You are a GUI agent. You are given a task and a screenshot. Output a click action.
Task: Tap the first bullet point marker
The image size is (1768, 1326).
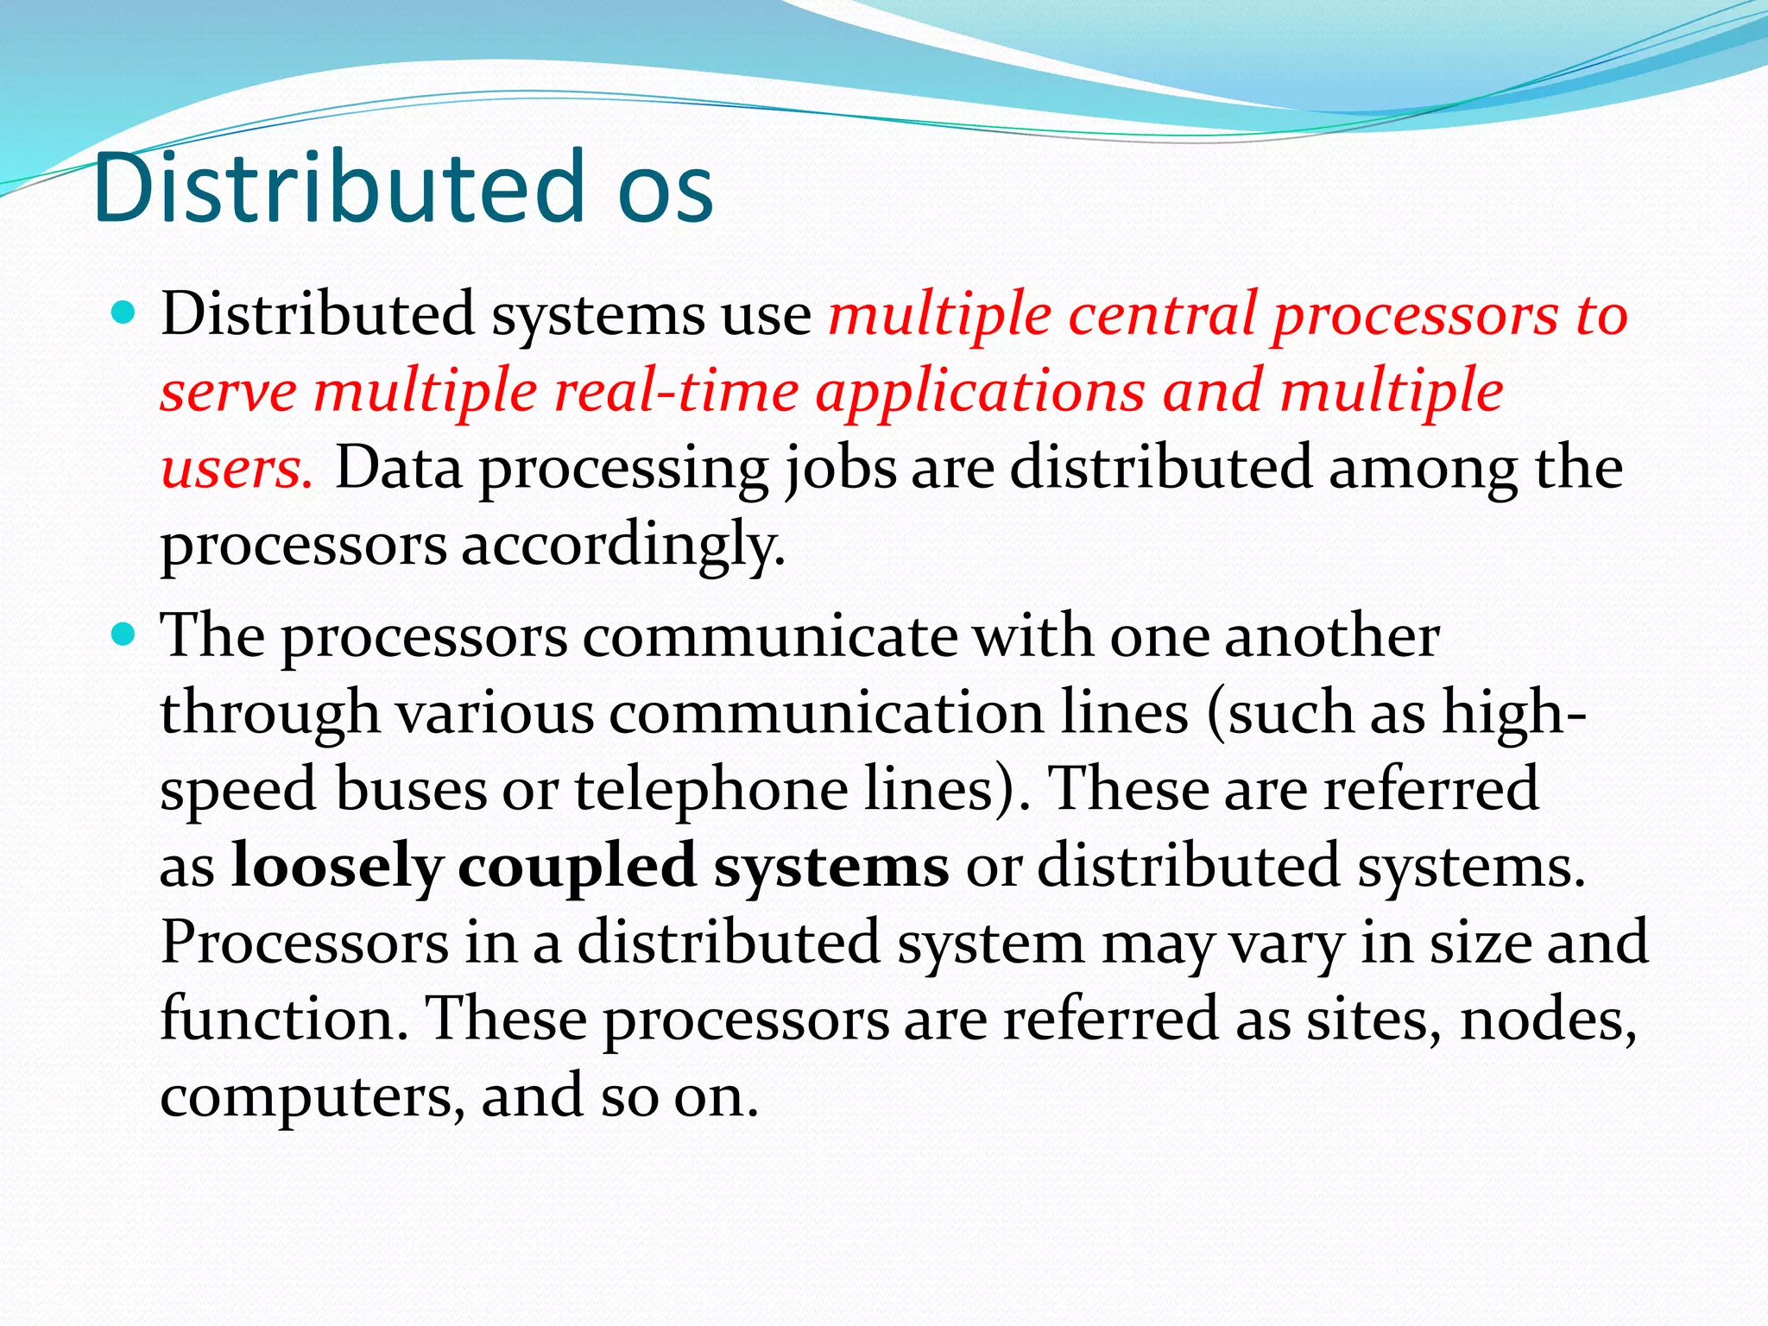[x=125, y=313]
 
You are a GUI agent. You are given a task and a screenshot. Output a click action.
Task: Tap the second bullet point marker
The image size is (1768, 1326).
[x=125, y=635]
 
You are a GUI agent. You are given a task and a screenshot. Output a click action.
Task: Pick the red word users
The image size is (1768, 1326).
[x=235, y=469]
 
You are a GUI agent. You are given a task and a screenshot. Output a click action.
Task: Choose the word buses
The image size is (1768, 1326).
[x=411, y=789]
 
